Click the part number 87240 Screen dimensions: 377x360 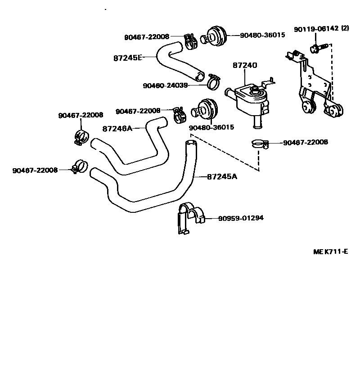(x=245, y=65)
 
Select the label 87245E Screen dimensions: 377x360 (x=127, y=58)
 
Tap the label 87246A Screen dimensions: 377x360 (x=117, y=128)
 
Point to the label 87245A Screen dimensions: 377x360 (x=222, y=176)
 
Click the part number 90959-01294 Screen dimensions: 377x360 (x=241, y=218)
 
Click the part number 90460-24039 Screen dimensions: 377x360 (x=165, y=85)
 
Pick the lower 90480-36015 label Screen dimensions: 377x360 (x=211, y=127)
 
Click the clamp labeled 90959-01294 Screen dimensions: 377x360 (x=190, y=218)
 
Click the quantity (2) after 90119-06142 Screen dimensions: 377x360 (x=345, y=29)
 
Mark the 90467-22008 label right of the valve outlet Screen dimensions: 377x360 (x=306, y=143)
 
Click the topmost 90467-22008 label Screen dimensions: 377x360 (x=147, y=37)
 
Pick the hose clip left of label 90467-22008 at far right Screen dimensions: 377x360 (x=259, y=144)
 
